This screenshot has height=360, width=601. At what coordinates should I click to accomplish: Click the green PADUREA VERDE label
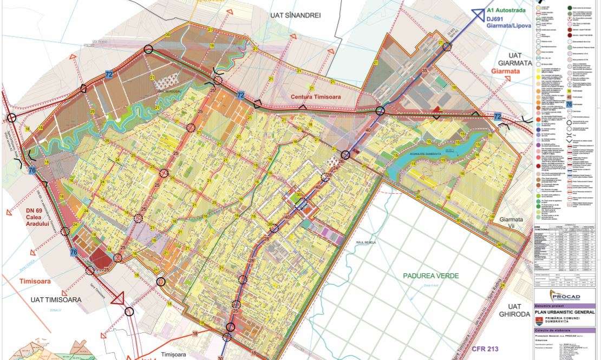[430, 276]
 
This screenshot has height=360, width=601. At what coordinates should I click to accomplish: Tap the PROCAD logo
[565, 296]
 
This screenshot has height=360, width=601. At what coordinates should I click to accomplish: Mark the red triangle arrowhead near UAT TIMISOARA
[117, 298]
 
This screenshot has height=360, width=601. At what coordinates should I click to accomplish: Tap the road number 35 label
[424, 71]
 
